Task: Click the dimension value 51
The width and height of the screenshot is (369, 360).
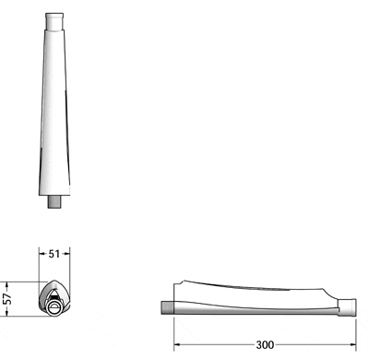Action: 54,254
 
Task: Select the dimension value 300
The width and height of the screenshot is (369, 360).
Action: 265,345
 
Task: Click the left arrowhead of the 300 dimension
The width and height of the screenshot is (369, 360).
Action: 177,345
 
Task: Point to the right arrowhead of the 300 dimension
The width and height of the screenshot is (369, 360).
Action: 352,345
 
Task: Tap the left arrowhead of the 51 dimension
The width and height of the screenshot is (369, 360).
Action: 42,254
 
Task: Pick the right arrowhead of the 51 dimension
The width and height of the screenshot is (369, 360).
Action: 67,254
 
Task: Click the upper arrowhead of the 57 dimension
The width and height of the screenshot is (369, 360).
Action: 6,283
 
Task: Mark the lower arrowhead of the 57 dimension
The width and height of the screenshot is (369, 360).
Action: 6,313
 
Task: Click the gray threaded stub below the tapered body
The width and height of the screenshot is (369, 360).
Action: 55,201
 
